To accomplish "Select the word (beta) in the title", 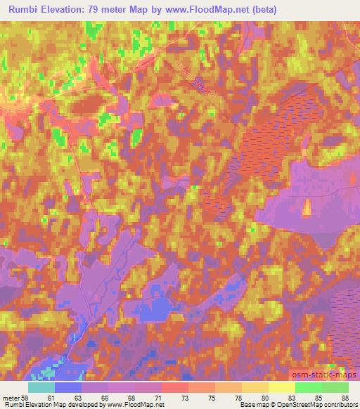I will click(x=261, y=10).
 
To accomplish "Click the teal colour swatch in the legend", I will click(x=41, y=388).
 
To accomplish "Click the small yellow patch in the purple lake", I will click(x=306, y=207).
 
